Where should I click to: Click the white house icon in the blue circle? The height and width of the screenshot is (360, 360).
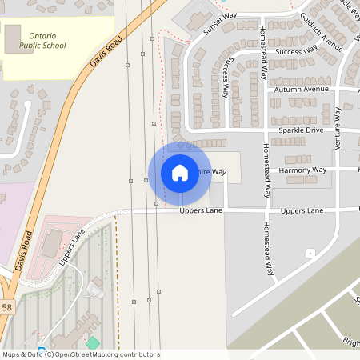(180, 173)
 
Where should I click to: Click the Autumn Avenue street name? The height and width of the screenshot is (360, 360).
(302, 89)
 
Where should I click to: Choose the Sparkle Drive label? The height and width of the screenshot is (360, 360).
(301, 130)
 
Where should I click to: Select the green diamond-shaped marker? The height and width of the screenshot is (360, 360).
(93, 343)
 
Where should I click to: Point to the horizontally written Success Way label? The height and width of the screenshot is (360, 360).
(296, 51)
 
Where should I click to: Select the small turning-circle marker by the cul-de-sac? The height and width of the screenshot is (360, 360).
(310, 254)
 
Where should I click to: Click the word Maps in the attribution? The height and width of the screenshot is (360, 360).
(11, 354)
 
